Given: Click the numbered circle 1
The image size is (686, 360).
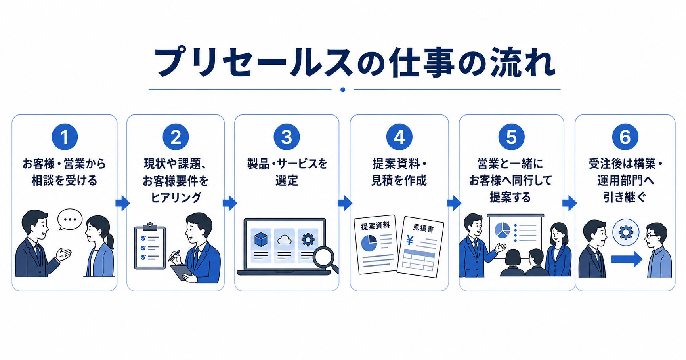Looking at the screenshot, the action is click(65, 137).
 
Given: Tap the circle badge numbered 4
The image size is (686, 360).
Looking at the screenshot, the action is click(399, 137).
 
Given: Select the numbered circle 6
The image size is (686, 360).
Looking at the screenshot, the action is click(625, 137).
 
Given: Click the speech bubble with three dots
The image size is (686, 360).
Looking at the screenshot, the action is click(70, 219).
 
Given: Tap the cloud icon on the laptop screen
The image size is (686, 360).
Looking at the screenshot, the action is click(284, 240).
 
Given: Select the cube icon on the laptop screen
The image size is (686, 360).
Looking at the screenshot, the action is click(261, 239).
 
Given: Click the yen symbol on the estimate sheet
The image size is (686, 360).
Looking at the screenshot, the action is click(410, 240).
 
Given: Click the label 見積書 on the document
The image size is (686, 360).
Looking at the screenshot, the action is click(423, 228).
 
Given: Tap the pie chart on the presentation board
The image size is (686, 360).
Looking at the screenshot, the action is click(502, 230).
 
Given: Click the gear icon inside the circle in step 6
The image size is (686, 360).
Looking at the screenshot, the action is click(626, 232).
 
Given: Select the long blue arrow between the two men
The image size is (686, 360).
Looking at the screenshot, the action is click(627, 259).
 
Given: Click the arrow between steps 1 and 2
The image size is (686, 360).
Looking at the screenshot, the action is click(122, 203).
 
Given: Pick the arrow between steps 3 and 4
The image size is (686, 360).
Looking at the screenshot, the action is click(345, 203).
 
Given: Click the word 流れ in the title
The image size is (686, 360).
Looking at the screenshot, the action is click(522, 63).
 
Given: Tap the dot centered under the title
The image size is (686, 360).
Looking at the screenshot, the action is click(343, 90).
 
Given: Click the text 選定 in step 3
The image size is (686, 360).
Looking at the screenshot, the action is click(287, 181).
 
